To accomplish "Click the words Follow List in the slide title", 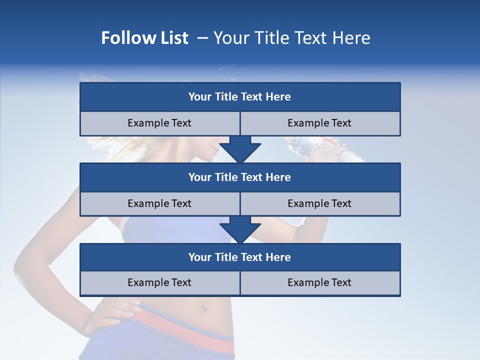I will [144, 38].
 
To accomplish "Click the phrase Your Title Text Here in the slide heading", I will [291, 38].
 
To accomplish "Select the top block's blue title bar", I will [240, 97].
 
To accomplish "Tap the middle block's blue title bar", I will [240, 177].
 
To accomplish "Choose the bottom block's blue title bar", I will [240, 257].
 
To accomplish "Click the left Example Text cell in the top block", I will [159, 123].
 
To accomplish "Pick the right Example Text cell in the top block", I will [320, 123].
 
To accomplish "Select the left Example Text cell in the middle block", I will [159, 203].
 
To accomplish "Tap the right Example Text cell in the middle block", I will [320, 203].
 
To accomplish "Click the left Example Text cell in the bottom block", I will [159, 282].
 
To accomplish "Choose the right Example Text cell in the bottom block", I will [320, 282].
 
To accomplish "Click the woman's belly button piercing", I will [203, 305].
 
